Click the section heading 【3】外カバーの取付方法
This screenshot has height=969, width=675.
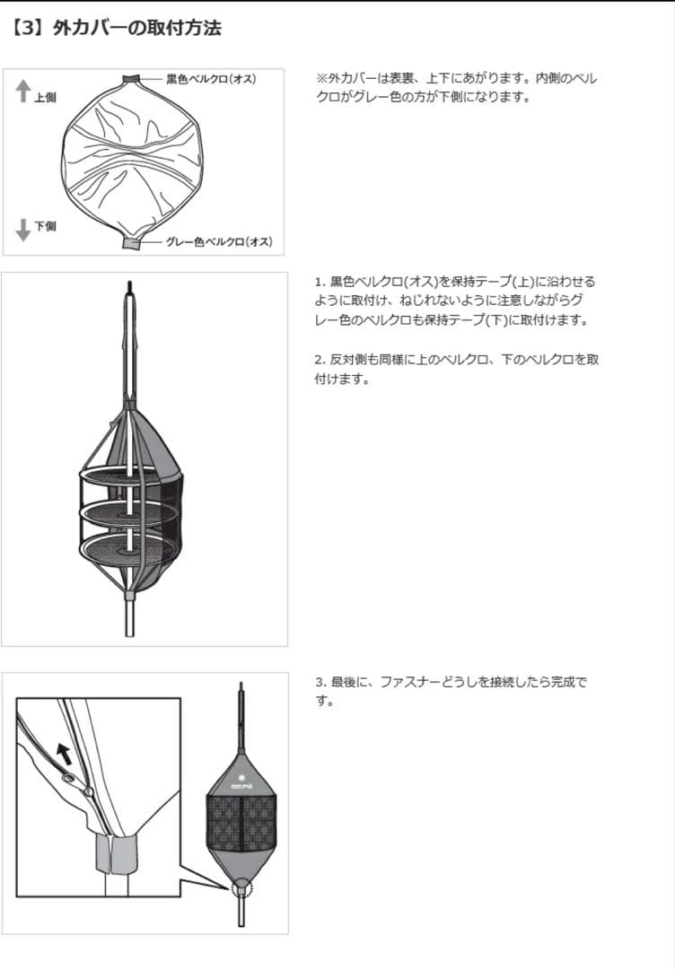pyautogui.click(x=117, y=28)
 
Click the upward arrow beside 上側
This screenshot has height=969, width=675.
pyautogui.click(x=23, y=91)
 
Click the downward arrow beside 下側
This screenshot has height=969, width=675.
pyautogui.click(x=23, y=231)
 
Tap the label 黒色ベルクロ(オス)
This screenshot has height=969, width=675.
pyautogui.click(x=211, y=79)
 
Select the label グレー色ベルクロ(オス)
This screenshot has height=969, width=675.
pyautogui.click(x=218, y=242)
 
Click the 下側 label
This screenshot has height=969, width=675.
pyautogui.click(x=45, y=226)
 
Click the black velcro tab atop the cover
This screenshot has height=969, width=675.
pyautogui.click(x=132, y=78)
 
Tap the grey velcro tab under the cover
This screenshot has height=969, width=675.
pyautogui.click(x=131, y=243)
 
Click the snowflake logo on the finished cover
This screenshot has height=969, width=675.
pyautogui.click(x=241, y=775)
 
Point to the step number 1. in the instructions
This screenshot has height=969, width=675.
pyautogui.click(x=320, y=282)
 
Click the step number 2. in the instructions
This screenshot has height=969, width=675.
pyautogui.click(x=320, y=359)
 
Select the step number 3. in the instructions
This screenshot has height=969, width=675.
pyautogui.click(x=320, y=683)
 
